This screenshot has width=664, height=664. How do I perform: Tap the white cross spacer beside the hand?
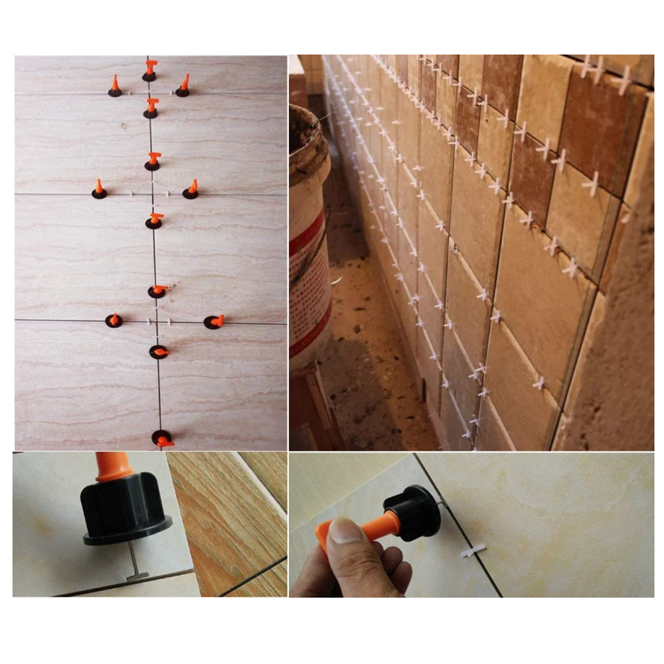click(x=473, y=550)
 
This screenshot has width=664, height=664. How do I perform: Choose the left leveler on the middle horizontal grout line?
click(x=99, y=190)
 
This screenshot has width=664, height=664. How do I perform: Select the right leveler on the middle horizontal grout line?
click(x=191, y=190)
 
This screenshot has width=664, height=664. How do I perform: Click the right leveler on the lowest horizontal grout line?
click(x=214, y=322)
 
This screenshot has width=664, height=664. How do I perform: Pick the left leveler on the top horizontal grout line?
click(x=115, y=87)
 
